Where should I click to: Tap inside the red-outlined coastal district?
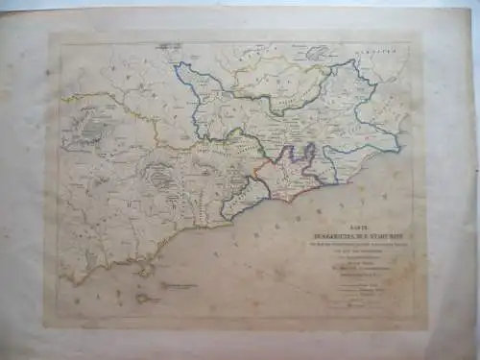[x=286, y=173]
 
